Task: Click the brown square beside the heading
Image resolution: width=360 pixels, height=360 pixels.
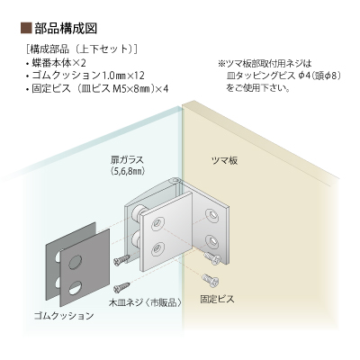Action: tap(26, 29)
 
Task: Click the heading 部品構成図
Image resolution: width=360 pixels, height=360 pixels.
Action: tap(66, 29)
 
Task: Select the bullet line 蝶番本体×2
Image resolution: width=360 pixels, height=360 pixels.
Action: tap(56, 63)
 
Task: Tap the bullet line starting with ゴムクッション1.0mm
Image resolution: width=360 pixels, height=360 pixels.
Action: tap(85, 76)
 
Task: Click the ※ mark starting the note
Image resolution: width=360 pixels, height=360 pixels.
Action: tap(221, 64)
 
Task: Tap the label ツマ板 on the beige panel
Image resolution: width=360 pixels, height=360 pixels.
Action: tap(225, 160)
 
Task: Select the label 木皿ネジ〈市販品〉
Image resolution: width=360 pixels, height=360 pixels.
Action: tap(145, 302)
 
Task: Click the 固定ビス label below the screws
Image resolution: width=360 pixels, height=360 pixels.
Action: tap(217, 299)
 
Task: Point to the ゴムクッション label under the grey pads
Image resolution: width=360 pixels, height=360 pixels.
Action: tap(64, 316)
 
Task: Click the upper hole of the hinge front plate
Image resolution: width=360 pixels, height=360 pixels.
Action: tap(157, 224)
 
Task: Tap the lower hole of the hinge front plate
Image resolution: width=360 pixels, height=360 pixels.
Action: tap(157, 248)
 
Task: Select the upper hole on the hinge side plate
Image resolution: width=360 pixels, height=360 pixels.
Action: tap(212, 215)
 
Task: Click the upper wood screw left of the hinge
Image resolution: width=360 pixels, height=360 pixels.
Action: tap(122, 260)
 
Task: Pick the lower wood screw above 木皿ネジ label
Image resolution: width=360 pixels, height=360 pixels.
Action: tap(121, 287)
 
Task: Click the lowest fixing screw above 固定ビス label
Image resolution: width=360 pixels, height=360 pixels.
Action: tap(211, 279)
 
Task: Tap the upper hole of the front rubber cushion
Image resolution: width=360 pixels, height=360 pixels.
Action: tap(76, 262)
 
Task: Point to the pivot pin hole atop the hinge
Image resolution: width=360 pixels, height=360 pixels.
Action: tap(175, 181)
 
